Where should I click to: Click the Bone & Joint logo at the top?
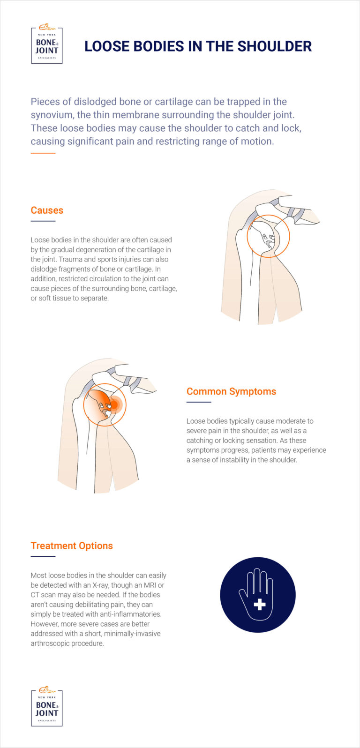(47, 45)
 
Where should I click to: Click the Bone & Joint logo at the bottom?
(47, 708)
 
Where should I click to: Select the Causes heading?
(47, 210)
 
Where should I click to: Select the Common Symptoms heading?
(231, 391)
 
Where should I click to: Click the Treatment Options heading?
(72, 546)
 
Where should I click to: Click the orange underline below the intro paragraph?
(43, 153)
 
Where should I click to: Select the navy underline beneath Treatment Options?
(43, 556)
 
